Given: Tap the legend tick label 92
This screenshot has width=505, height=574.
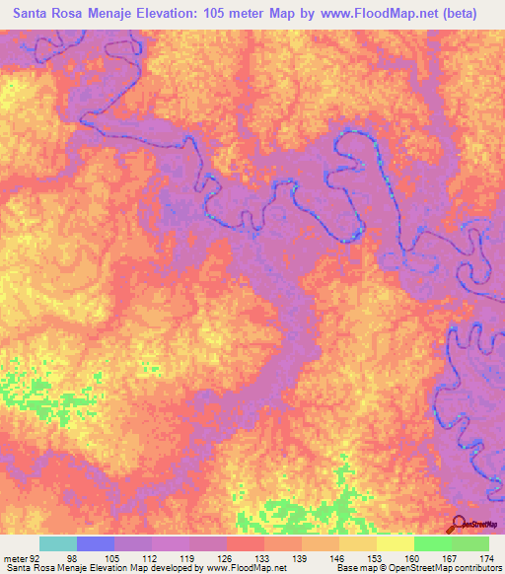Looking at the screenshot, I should point(39,557).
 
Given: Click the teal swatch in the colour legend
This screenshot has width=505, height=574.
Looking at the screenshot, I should point(57,543).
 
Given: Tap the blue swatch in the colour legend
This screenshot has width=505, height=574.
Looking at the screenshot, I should point(96,543).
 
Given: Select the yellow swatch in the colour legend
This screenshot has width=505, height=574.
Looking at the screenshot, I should point(395,543).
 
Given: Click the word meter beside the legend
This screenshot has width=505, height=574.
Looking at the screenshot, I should point(17,557).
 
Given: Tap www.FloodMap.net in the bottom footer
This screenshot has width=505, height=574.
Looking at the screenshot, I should point(236,568).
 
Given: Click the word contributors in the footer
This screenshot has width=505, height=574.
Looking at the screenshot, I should point(475,568).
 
